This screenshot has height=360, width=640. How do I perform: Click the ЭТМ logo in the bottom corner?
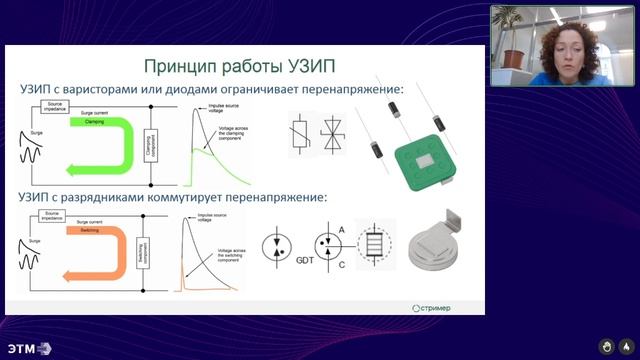click(28, 348)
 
